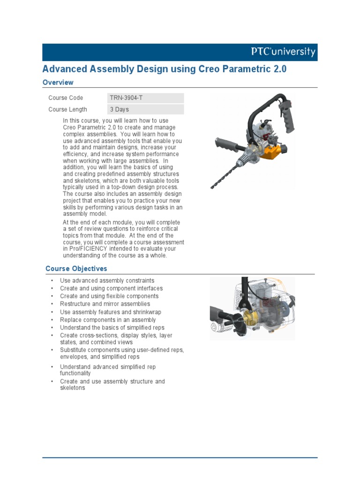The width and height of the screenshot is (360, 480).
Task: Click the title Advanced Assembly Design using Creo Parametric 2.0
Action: point(164,69)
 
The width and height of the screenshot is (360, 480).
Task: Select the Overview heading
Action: point(58,82)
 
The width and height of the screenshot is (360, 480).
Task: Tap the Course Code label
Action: point(66,98)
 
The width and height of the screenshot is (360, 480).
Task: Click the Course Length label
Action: point(67,110)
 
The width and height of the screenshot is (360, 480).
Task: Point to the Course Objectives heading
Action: point(76,269)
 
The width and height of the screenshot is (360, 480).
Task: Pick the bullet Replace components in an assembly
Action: point(108,320)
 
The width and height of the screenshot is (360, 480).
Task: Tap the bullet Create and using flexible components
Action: point(109,296)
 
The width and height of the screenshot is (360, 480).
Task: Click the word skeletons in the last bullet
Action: point(73,388)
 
